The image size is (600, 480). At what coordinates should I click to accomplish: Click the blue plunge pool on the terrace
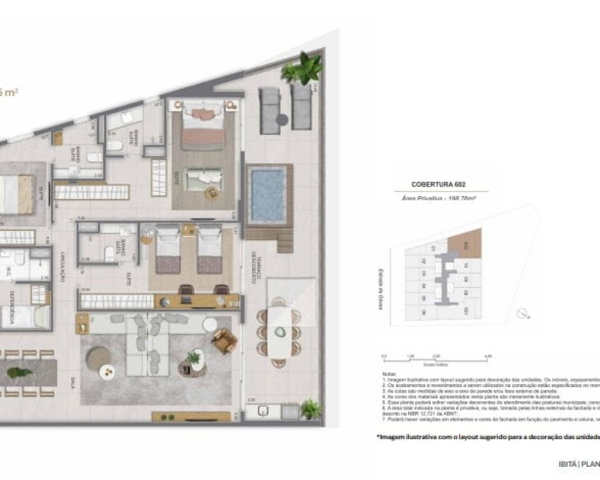point(268,196)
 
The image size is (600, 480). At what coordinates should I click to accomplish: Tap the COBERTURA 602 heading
point(439,184)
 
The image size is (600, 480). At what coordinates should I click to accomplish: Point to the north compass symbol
point(524,312)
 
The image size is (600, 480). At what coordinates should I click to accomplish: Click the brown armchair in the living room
point(224,342)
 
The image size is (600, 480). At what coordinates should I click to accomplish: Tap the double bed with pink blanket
point(203,125)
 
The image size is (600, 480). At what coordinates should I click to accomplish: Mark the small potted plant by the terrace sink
point(311,409)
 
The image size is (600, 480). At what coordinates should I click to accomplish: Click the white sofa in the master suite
point(203,178)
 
